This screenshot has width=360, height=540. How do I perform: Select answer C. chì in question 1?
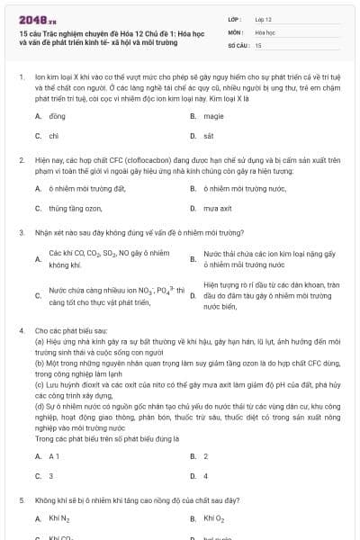[54, 135]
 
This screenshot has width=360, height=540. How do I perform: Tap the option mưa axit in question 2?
[218, 208]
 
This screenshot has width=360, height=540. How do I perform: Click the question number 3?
[22, 232]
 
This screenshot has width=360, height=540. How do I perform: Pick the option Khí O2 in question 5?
[214, 518]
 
